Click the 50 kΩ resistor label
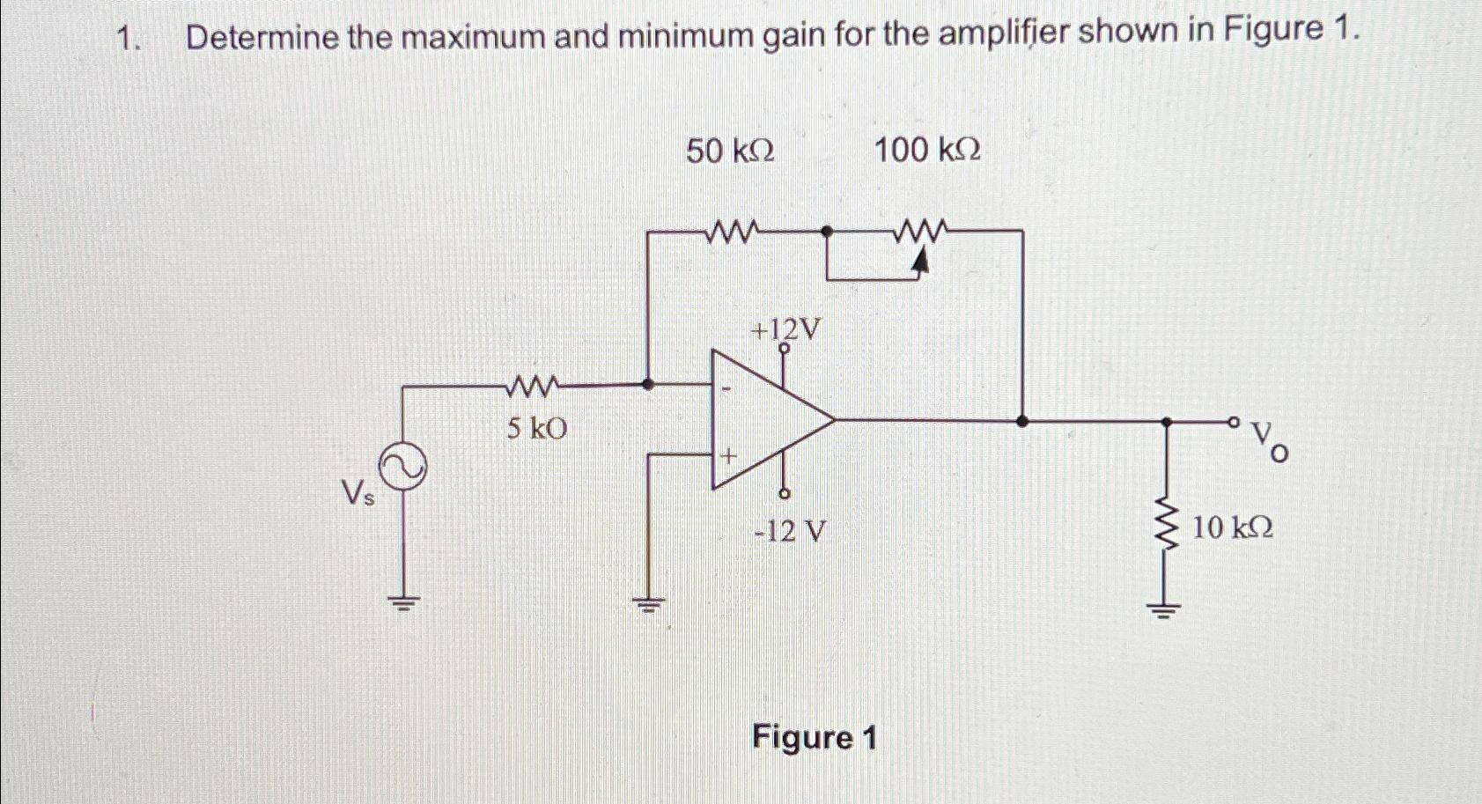coord(730,151)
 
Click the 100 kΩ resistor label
coord(926,151)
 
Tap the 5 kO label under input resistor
coord(536,429)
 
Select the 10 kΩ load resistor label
coord(1232,528)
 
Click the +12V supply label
coord(785,330)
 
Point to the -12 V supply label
coord(791,531)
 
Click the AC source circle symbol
coord(402,468)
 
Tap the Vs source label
coord(358,496)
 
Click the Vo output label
coord(1270,440)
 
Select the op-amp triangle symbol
coord(766,420)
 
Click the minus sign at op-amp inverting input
coord(727,388)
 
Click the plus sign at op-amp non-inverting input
coord(728,456)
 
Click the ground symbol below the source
coord(403,603)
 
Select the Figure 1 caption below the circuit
coord(814,737)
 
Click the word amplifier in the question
coord(1003,34)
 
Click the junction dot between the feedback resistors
coord(826,232)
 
